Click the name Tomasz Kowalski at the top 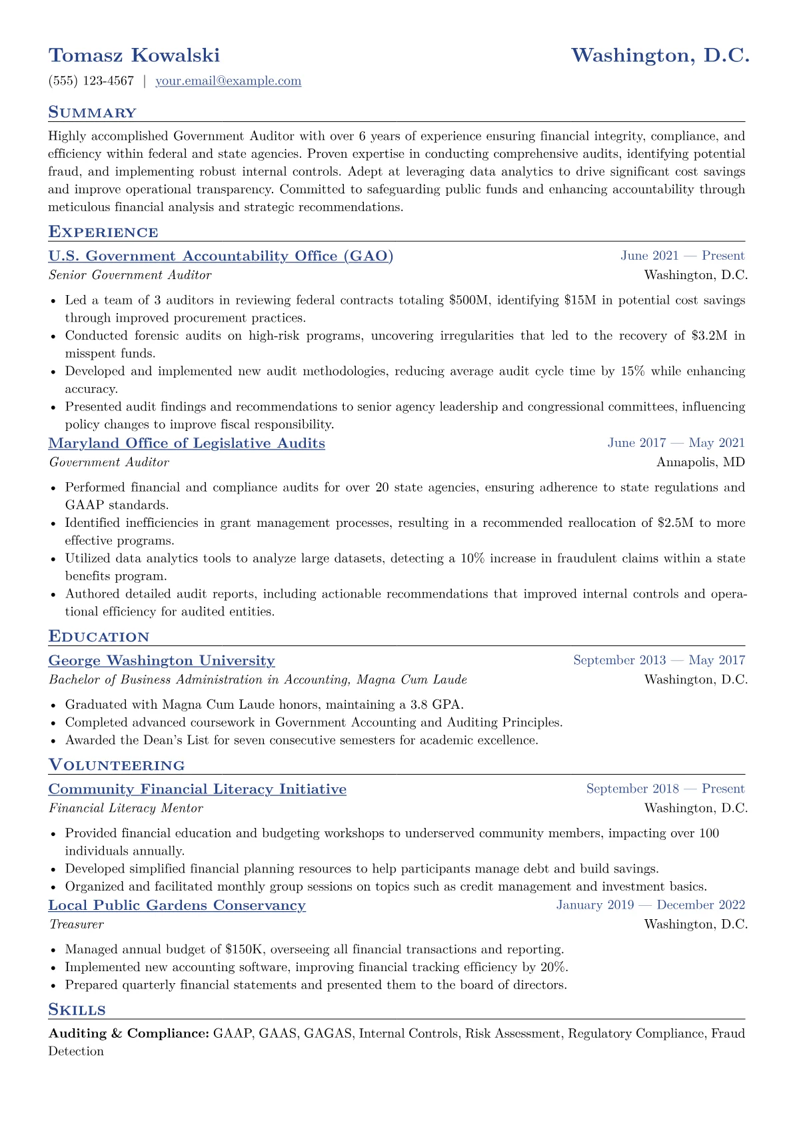[x=134, y=55]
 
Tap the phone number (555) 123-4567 [x=91, y=81]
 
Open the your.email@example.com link [x=228, y=81]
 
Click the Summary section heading [x=92, y=113]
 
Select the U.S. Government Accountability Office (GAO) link [x=221, y=256]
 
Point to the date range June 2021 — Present [x=682, y=256]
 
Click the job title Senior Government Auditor [x=130, y=275]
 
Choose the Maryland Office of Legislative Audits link [x=187, y=444]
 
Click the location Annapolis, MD [x=700, y=462]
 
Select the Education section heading [x=99, y=637]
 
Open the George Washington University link [x=161, y=661]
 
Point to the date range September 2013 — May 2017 [x=658, y=660]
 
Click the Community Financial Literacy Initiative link [x=197, y=789]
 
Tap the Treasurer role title [x=76, y=925]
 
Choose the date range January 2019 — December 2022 [x=650, y=905]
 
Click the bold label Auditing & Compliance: [x=129, y=1034]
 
